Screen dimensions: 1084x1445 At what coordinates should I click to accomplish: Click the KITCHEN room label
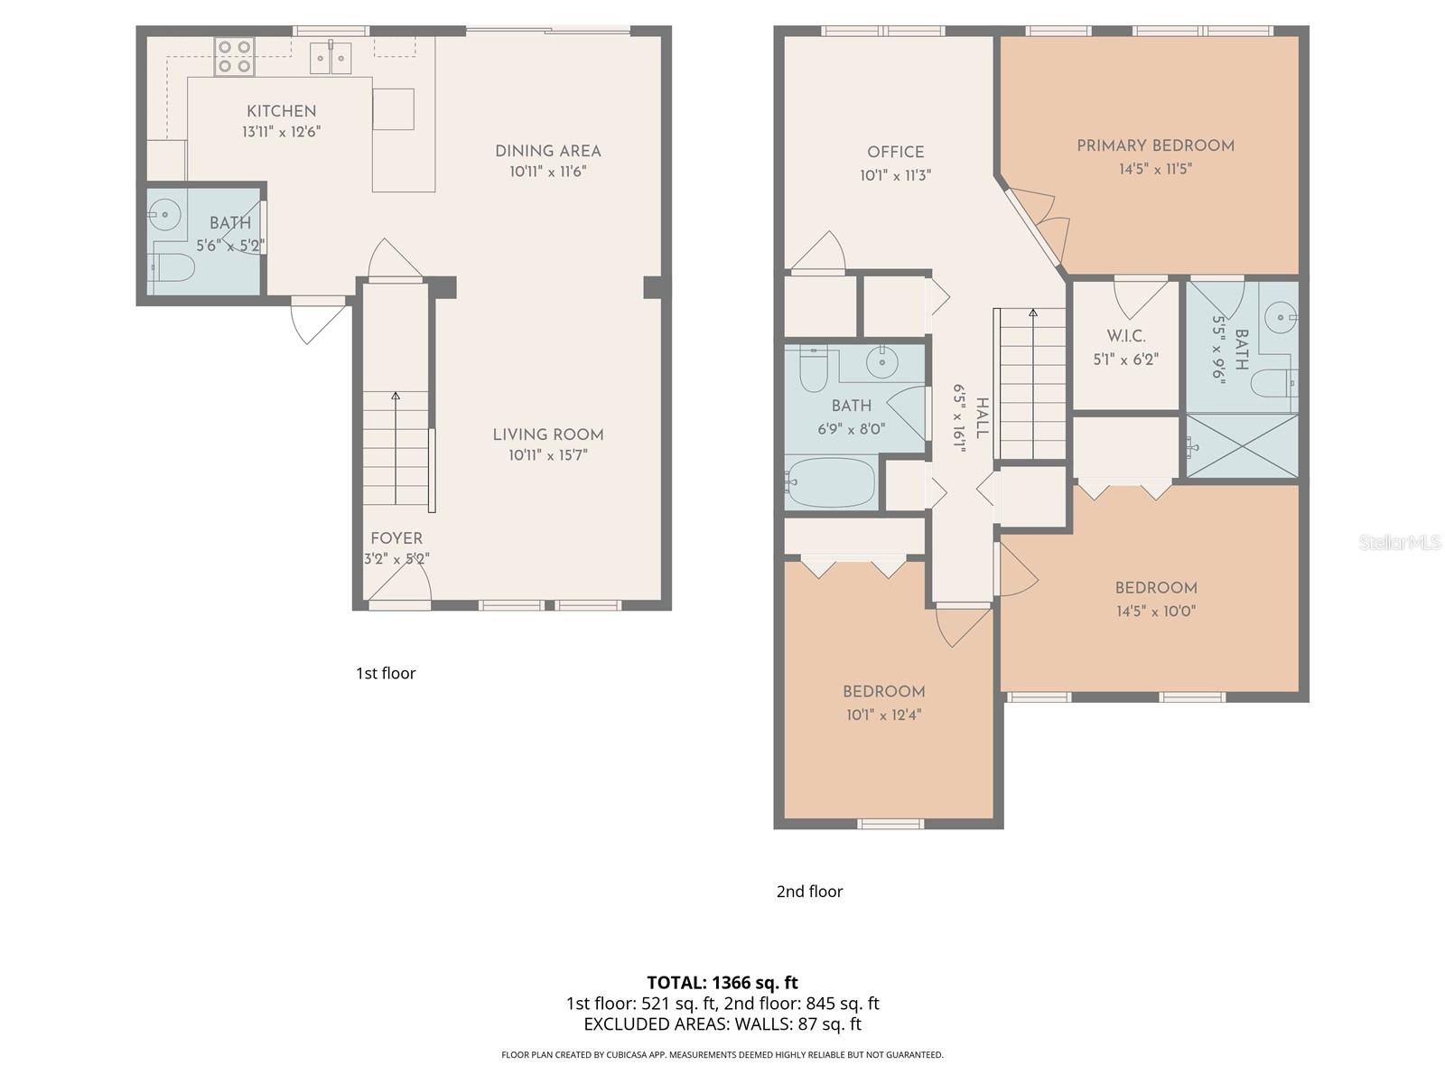click(x=282, y=111)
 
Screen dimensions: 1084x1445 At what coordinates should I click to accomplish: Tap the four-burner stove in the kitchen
click(x=235, y=55)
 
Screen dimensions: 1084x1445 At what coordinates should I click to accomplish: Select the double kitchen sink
click(x=331, y=58)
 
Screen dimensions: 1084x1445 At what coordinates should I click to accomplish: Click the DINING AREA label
click(x=547, y=151)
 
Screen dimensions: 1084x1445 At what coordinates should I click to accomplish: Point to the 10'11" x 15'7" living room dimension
click(x=547, y=455)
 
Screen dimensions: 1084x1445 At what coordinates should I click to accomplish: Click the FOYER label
click(x=396, y=538)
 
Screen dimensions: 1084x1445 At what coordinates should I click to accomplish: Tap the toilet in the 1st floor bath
click(x=174, y=266)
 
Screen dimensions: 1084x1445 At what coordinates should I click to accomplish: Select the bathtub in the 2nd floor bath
click(x=831, y=481)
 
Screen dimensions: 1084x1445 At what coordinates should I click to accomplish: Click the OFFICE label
click(x=895, y=152)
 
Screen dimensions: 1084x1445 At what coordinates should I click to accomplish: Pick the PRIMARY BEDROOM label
click(x=1155, y=145)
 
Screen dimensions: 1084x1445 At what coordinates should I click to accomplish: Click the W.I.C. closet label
click(x=1125, y=336)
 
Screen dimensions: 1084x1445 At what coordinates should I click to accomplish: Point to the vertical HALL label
click(x=982, y=417)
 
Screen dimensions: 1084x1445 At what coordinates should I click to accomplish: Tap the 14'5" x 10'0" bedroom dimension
click(x=1155, y=611)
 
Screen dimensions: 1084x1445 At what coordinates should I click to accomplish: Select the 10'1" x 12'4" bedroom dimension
click(x=883, y=715)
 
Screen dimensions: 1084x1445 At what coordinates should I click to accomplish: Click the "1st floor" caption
click(x=386, y=673)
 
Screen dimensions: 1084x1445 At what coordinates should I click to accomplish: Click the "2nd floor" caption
click(x=809, y=892)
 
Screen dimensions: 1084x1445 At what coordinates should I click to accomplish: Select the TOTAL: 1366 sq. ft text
click(x=722, y=982)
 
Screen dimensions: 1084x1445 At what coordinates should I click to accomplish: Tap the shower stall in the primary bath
click(x=1242, y=445)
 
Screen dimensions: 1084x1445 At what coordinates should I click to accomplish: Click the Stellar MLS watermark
click(x=1400, y=542)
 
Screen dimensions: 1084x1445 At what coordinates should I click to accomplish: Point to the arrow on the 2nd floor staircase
click(x=1033, y=313)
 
